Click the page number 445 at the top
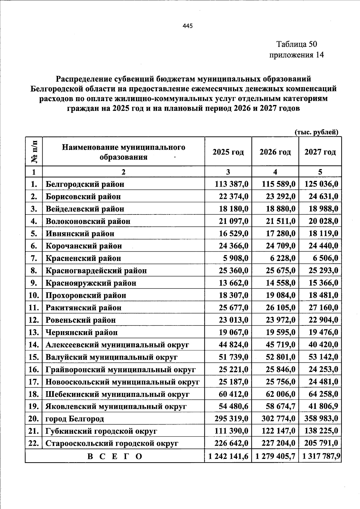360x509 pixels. coord(187,26)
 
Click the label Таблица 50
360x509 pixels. coord(296,44)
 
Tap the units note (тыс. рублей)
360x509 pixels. coord(316,132)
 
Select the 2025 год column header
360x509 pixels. coord(228,152)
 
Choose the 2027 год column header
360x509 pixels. coord(320,152)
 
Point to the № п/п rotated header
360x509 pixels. coord(34,152)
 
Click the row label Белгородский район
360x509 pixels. coord(85,184)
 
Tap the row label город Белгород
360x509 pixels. coord(75,419)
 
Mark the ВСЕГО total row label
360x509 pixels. coord(115,457)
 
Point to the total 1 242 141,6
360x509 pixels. coord(228,456)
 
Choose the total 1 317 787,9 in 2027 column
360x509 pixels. coord(321,456)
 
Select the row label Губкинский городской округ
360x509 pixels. coord(101,431)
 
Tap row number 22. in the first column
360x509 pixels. coord(34,443)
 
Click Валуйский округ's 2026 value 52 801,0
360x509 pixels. coord(280,357)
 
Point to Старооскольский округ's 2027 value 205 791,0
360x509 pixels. coord(321,443)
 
